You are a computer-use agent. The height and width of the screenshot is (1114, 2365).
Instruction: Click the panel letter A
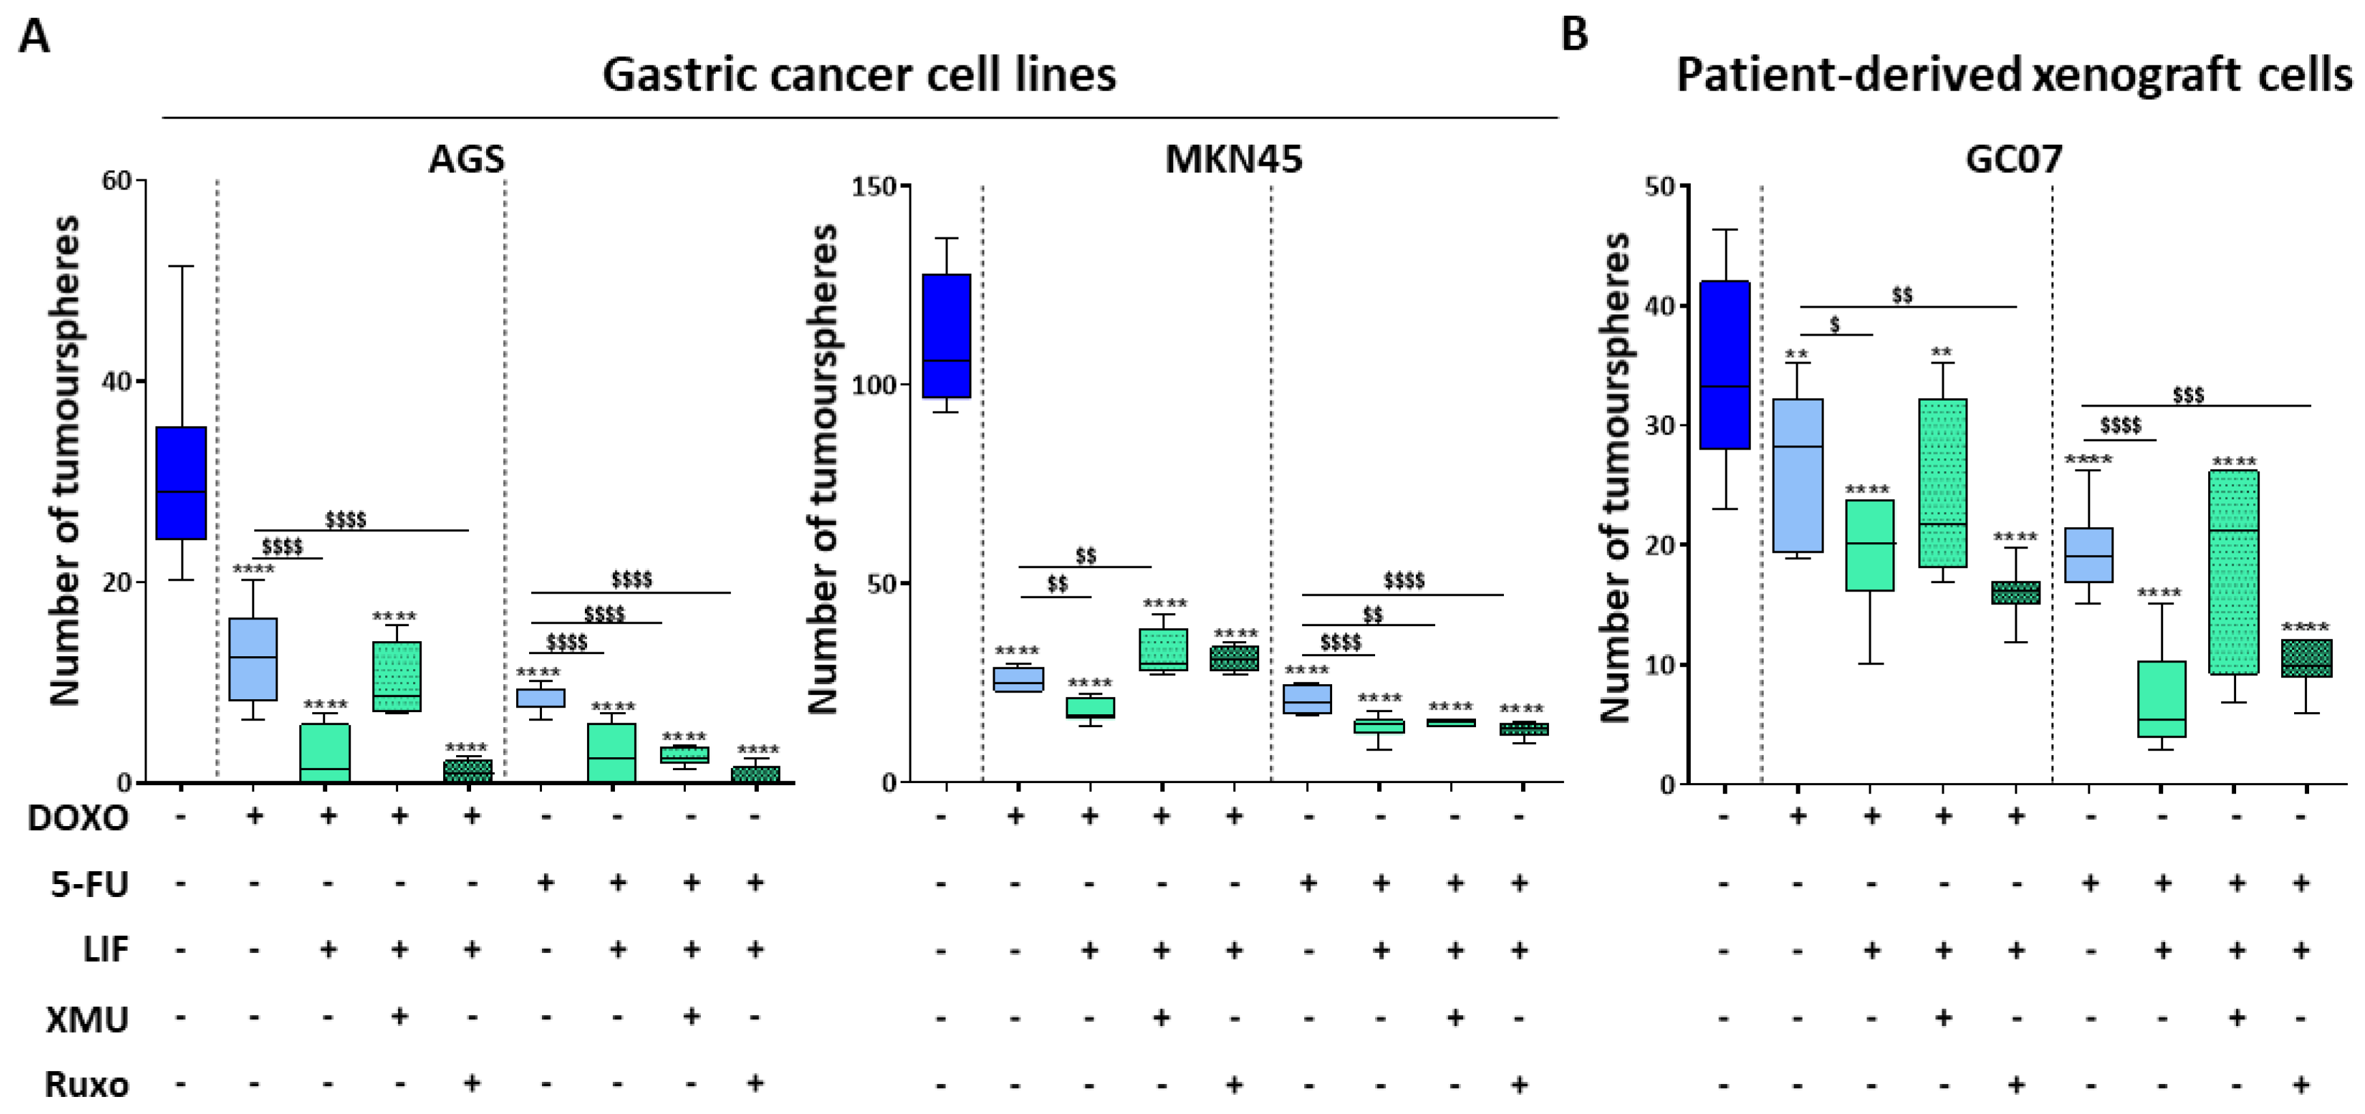(x=34, y=38)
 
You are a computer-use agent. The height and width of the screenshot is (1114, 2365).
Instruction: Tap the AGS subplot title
(x=466, y=160)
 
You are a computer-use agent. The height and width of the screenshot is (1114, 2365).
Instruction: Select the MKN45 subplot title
(x=1233, y=160)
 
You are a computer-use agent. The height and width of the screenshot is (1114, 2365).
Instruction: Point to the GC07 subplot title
(x=2013, y=160)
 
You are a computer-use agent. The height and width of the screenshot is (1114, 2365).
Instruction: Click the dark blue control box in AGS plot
(x=181, y=482)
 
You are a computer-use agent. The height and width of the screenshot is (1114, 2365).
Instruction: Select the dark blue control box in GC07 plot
(x=1724, y=364)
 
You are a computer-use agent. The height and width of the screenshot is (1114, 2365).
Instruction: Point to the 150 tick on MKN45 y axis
(x=873, y=186)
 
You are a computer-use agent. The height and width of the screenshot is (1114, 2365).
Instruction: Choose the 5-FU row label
(x=89, y=884)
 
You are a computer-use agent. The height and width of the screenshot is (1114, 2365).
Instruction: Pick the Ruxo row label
(x=87, y=1085)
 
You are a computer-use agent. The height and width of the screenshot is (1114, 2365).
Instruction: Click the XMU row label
(x=87, y=1019)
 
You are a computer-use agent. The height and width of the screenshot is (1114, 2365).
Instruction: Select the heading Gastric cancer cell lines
(x=858, y=74)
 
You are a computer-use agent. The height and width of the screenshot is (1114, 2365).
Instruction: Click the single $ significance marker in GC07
(x=1835, y=324)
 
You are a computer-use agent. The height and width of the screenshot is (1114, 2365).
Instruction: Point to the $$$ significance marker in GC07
(x=2188, y=395)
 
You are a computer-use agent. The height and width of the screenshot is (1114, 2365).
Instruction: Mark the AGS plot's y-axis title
(x=64, y=459)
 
